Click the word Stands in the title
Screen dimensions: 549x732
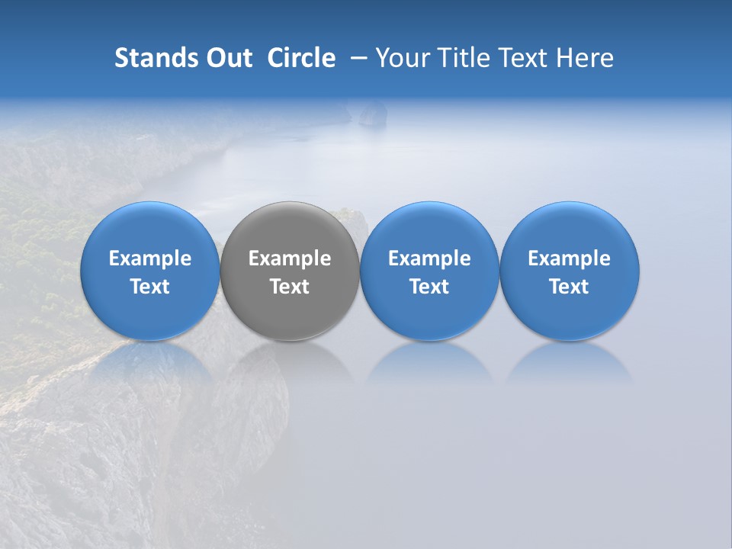tap(156, 58)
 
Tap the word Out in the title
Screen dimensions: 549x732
tap(228, 58)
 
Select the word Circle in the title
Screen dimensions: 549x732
tap(301, 58)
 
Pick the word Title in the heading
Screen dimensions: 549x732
tap(459, 58)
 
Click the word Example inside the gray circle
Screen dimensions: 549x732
tap(290, 258)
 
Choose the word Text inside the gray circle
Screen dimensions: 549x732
tap(290, 287)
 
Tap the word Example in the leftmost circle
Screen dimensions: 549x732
tap(150, 258)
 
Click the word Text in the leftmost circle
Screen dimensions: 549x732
tap(150, 287)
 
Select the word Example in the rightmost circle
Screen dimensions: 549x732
tap(569, 258)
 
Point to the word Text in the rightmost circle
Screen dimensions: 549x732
tap(569, 287)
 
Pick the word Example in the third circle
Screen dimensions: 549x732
tap(429, 258)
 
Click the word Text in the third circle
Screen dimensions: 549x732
tap(429, 287)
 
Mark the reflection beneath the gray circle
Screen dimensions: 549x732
tap(290, 361)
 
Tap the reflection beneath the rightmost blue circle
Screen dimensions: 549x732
tap(569, 361)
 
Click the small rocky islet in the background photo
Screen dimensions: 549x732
tap(372, 114)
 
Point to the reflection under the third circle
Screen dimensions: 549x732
tap(429, 361)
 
